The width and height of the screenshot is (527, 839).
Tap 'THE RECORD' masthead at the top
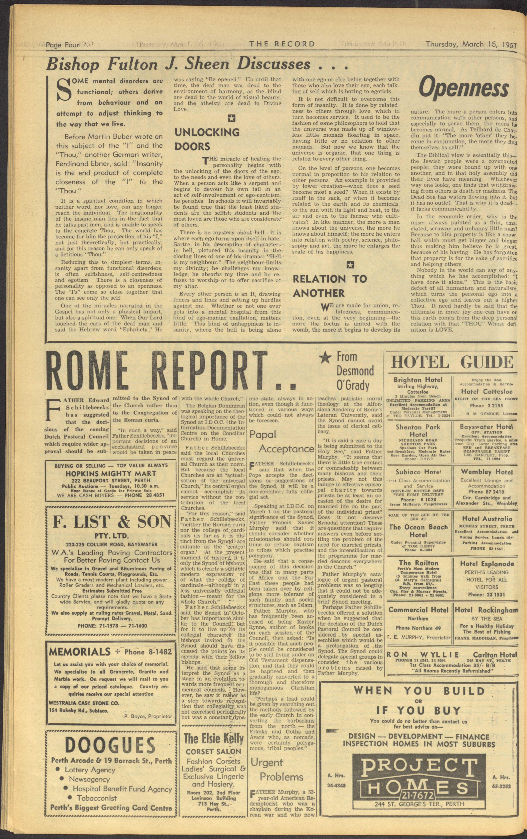(x=282, y=44)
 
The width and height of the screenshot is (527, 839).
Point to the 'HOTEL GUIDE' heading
(x=452, y=363)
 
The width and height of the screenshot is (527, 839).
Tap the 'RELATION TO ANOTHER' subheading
(x=329, y=286)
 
